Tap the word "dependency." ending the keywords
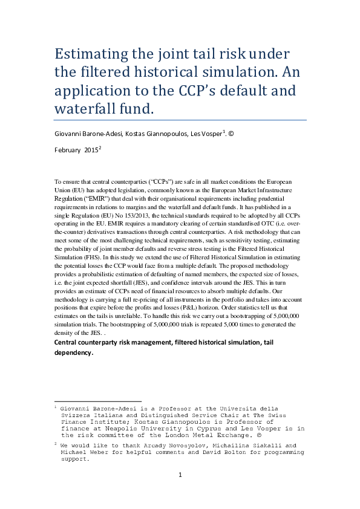74,354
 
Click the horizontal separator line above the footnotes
97,401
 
